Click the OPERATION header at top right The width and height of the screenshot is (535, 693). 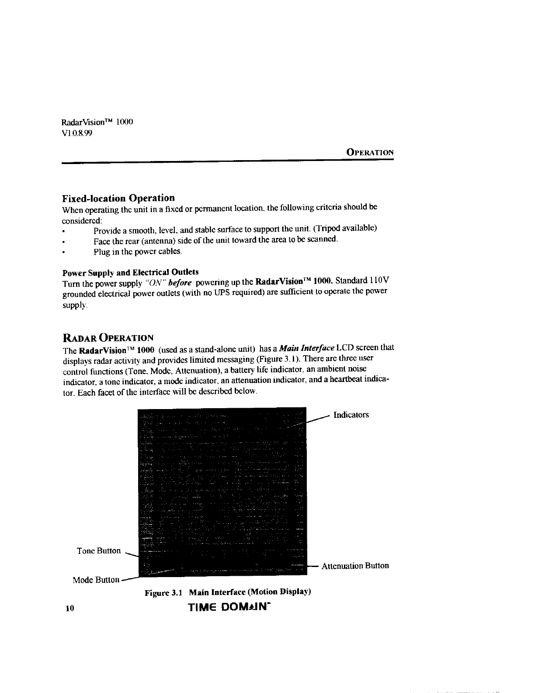click(x=370, y=152)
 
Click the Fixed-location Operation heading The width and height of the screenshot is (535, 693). click(x=118, y=198)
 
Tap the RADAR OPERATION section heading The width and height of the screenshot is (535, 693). click(x=108, y=337)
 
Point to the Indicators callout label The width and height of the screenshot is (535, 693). click(x=351, y=415)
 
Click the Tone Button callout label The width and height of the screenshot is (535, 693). click(x=99, y=551)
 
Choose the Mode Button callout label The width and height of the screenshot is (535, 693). click(x=96, y=580)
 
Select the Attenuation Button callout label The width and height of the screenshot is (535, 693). click(x=355, y=566)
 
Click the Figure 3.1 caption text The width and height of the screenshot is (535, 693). click(x=228, y=592)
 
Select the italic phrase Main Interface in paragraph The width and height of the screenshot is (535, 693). click(x=307, y=348)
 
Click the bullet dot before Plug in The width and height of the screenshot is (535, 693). click(x=64, y=252)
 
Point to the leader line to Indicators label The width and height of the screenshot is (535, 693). click(x=318, y=419)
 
